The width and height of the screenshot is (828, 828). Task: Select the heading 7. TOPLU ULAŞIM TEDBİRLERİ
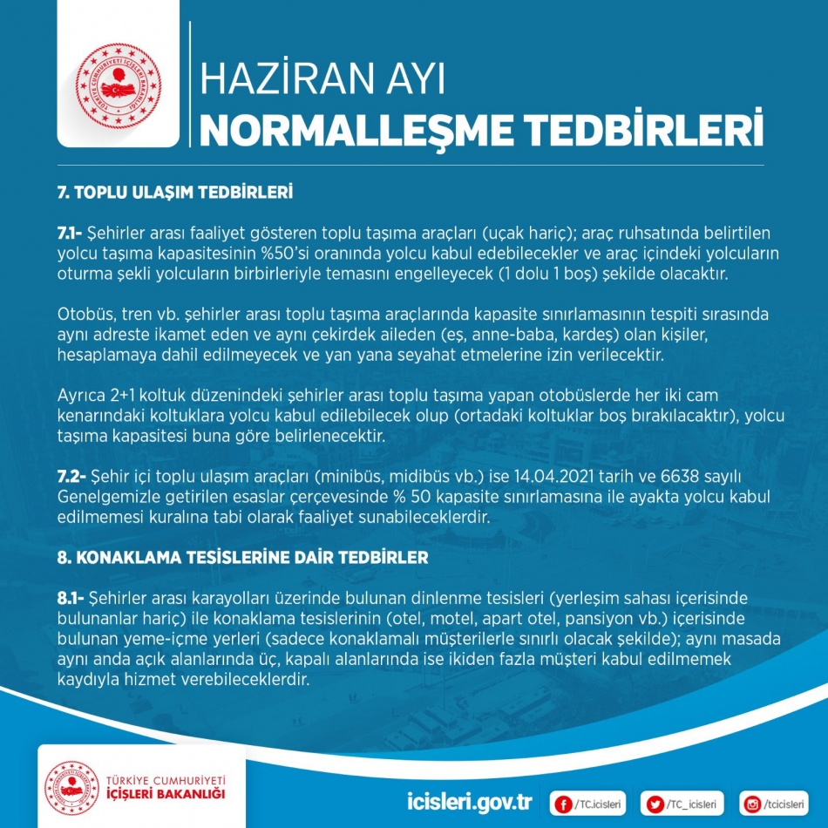tap(174, 191)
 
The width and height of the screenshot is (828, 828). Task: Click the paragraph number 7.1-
tap(70, 234)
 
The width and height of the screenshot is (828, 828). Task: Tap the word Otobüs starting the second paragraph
tap(83, 314)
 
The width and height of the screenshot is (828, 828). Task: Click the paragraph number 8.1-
tap(71, 598)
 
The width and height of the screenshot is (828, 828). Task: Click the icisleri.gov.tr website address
tap(470, 801)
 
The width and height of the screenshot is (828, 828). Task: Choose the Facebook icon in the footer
tap(564, 802)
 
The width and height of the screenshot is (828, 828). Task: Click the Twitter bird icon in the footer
tap(655, 802)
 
